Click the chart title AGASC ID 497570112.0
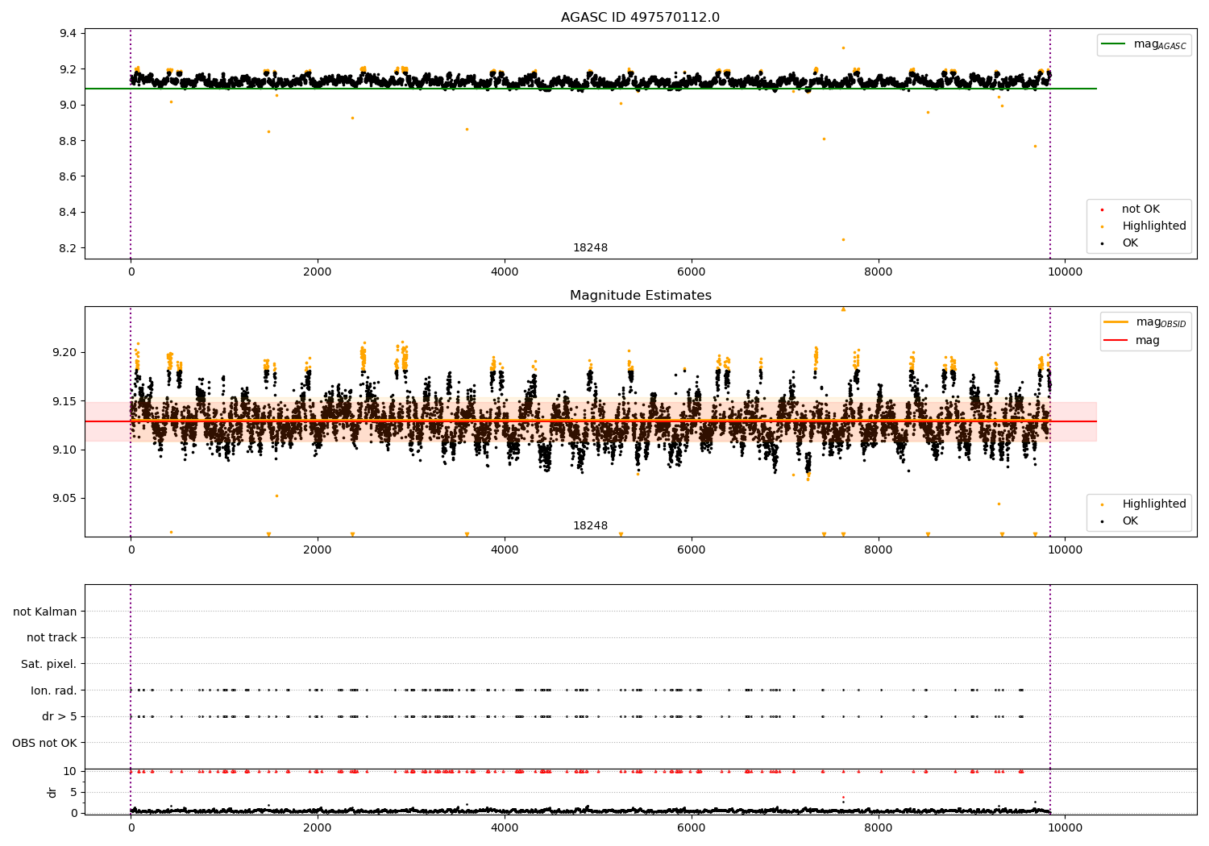click(x=640, y=18)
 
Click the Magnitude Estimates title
click(x=640, y=296)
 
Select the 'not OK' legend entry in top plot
click(x=1140, y=209)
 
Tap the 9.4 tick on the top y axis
click(x=68, y=33)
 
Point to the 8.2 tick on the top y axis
click(x=68, y=248)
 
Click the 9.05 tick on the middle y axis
click(x=64, y=498)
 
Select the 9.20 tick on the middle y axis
click(x=64, y=352)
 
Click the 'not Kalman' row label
click(x=45, y=612)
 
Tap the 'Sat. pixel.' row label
click(x=49, y=664)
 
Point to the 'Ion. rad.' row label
click(x=54, y=690)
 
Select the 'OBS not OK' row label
click(x=45, y=743)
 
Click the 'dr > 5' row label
click(x=60, y=716)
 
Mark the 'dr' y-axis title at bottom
click(x=52, y=792)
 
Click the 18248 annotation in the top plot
click(x=590, y=248)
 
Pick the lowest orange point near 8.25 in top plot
click(x=843, y=239)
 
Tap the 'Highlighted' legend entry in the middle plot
click(x=1153, y=504)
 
